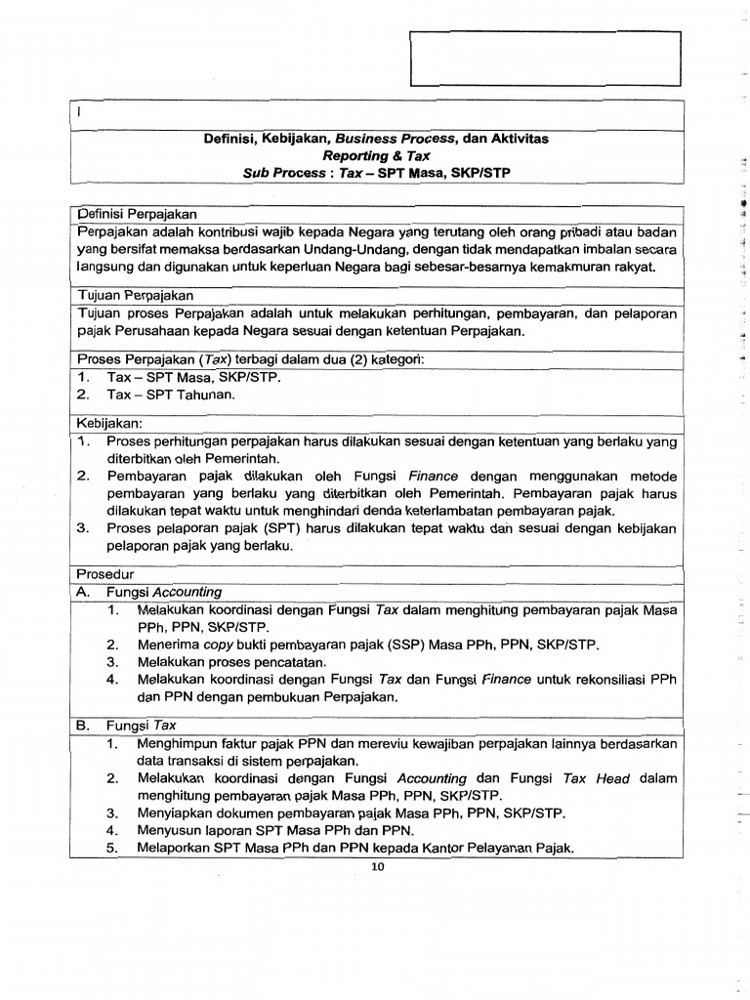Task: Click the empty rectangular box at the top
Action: pos(543,60)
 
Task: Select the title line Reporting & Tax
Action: pos(376,155)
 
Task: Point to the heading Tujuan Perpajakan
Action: pos(135,295)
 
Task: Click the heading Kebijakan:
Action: pos(108,424)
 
